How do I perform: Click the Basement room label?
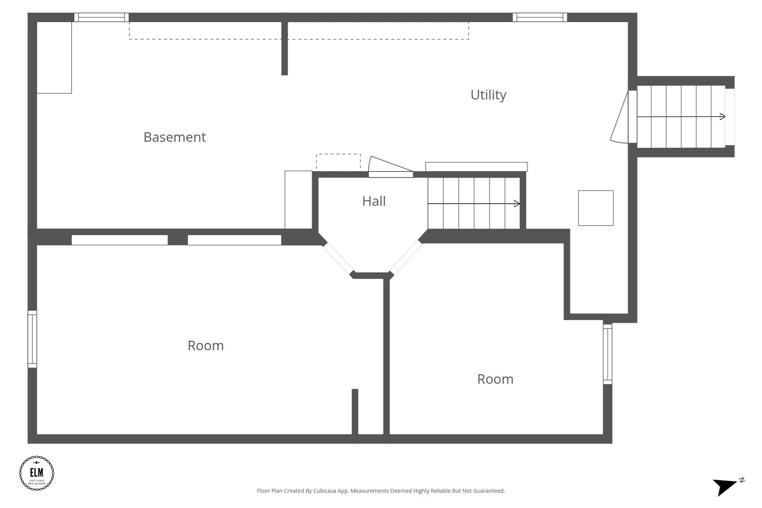174,137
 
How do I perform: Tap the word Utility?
488,95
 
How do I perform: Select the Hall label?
374,201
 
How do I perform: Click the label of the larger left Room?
205,346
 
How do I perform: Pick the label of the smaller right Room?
495,379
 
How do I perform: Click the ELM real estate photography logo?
37,473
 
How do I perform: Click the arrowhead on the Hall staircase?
517,204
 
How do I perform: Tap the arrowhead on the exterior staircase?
722,117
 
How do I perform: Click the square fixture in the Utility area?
596,208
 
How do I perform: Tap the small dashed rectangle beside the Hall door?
338,162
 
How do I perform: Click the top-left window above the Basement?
101,17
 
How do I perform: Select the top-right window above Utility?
539,17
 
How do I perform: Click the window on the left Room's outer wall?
32,339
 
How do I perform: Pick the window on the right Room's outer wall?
607,354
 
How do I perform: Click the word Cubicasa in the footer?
325,491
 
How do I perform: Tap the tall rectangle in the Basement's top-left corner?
54,57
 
